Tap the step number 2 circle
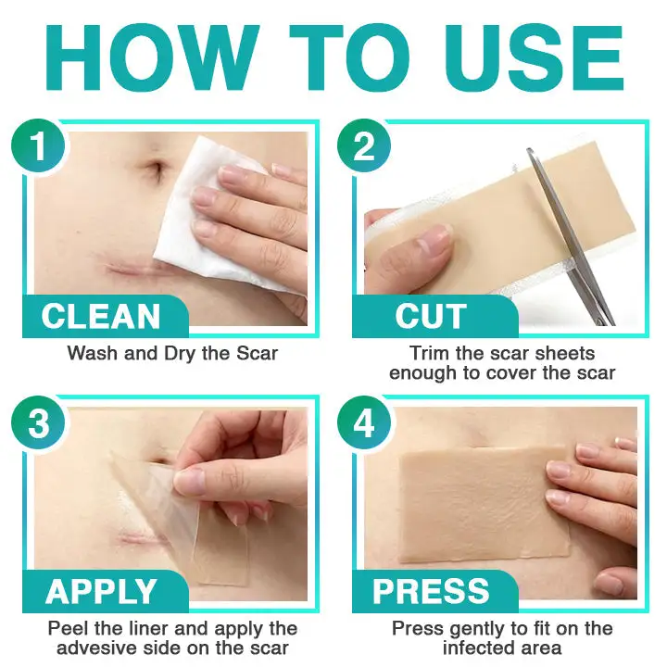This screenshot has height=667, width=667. (364, 145)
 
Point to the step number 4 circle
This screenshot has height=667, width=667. (364, 424)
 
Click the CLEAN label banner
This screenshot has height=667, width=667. (103, 316)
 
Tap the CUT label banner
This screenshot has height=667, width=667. (430, 316)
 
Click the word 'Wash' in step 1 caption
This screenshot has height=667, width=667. (89, 353)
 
